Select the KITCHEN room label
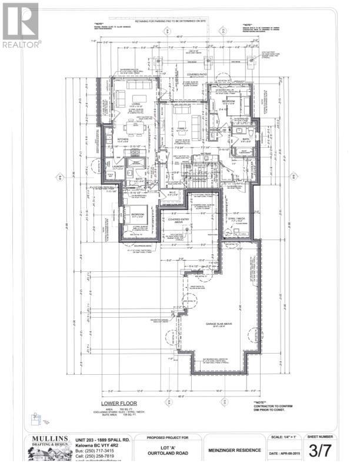click(130, 139)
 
